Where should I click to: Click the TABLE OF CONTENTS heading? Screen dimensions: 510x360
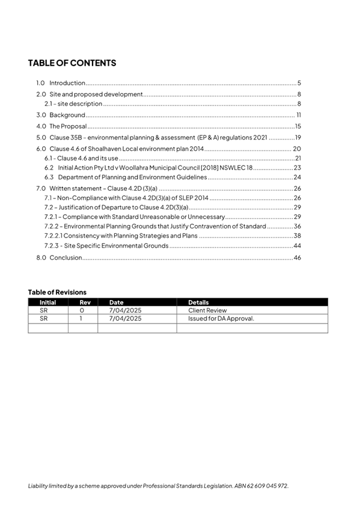72,63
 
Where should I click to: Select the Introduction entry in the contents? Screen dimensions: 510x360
67,83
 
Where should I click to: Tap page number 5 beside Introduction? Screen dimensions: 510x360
299,83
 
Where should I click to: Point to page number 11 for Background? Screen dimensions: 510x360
298,115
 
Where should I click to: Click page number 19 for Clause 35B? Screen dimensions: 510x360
297,138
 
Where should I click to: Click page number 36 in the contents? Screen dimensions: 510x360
297,226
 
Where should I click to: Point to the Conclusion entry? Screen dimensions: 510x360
65,257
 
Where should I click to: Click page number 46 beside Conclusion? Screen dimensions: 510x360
296,257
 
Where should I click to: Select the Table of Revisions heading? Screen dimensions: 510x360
57,292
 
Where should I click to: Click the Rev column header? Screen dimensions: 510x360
83,302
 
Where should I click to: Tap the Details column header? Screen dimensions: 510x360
198,302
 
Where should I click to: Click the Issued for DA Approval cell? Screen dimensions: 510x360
221,319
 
